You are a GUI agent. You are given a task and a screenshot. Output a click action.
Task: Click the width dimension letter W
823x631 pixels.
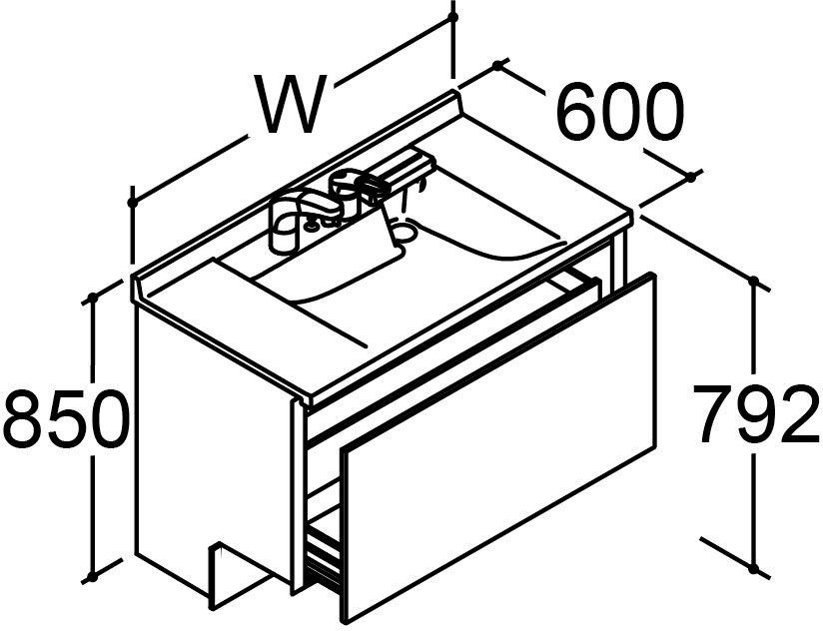(291, 104)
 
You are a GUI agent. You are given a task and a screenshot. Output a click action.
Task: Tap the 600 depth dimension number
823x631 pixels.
(620, 111)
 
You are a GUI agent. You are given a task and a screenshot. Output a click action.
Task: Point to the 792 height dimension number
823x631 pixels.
(756, 414)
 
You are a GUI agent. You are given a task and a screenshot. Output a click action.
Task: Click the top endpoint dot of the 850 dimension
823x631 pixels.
(93, 299)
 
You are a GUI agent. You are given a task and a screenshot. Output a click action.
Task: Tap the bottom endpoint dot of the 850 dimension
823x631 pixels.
(93, 577)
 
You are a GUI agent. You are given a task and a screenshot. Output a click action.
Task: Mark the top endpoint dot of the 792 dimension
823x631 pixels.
(754, 282)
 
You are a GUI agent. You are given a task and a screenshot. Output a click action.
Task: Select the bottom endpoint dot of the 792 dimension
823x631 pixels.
(754, 568)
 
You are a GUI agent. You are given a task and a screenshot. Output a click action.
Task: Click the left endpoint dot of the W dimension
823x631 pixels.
(132, 202)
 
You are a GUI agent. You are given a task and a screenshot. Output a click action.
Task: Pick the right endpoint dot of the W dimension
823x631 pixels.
(453, 17)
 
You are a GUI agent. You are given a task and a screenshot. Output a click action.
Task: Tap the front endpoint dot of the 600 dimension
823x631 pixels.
(691, 178)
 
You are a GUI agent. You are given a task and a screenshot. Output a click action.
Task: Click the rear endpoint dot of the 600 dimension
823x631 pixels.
(497, 66)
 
